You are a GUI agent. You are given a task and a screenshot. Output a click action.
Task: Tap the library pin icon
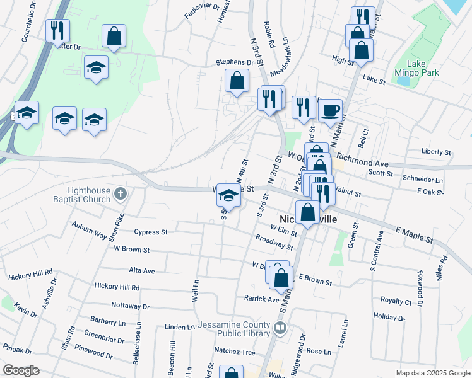tap(280, 328)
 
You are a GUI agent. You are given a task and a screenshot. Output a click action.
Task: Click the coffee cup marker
tap(329, 112)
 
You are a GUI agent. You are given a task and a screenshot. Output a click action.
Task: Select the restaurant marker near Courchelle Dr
tap(58, 30)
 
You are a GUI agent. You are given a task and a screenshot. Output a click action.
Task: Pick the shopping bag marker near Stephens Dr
tap(237, 81)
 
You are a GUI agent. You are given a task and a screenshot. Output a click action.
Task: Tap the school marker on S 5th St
tap(228, 195)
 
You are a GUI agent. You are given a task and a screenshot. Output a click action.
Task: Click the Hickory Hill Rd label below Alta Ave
tap(117, 287)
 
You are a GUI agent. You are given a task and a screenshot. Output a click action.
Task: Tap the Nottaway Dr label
tap(129, 306)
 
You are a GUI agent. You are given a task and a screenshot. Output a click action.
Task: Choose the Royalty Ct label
tap(396, 301)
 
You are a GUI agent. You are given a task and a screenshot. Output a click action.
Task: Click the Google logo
tap(21, 370)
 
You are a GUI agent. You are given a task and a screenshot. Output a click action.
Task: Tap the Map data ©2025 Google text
tap(432, 373)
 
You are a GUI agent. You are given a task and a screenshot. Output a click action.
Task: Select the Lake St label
tap(374, 80)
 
